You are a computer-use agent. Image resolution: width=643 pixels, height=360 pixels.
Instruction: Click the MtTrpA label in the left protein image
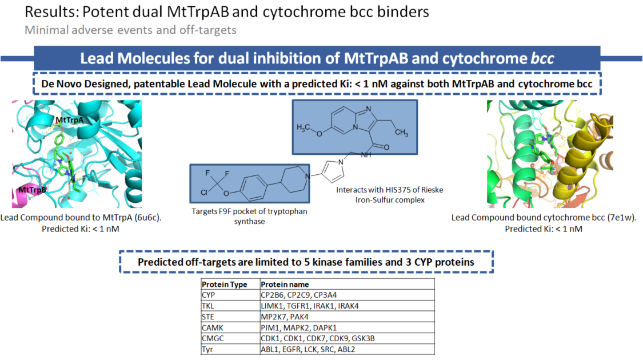(69, 120)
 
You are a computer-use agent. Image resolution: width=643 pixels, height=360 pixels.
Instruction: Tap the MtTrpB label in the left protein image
(34, 189)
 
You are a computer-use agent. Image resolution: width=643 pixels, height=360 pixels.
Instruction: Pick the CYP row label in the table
(208, 295)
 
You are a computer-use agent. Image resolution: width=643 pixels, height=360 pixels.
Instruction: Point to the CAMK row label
(211, 327)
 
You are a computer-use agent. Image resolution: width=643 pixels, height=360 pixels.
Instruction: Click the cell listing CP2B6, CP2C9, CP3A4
(291, 295)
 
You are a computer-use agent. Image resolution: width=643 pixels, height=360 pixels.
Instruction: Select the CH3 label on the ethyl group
(401, 133)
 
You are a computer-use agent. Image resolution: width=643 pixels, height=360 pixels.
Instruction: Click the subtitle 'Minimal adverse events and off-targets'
(130, 29)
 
